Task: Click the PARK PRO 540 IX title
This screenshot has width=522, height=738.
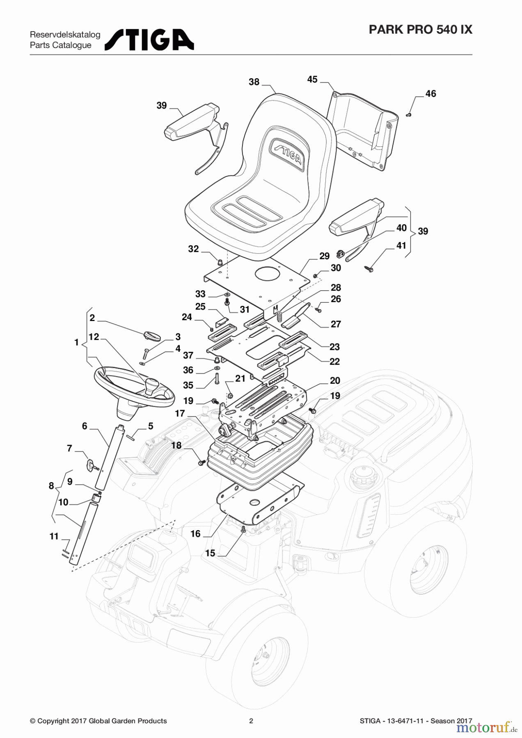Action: tap(420, 30)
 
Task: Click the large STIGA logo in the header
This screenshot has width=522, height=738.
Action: tap(149, 40)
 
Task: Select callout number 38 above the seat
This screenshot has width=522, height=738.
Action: tap(254, 82)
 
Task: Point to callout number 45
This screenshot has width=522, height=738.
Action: tap(312, 80)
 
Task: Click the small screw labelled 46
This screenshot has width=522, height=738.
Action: tap(408, 115)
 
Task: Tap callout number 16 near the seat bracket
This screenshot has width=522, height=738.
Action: tap(195, 534)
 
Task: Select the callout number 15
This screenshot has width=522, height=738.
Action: tap(210, 553)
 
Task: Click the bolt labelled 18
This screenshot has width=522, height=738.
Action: tap(201, 462)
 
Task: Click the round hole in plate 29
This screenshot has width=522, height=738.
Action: tap(268, 275)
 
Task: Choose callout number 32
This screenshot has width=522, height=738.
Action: tap(193, 249)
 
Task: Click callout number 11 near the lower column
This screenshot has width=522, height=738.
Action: tap(54, 536)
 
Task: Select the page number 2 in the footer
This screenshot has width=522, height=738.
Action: tap(251, 721)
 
